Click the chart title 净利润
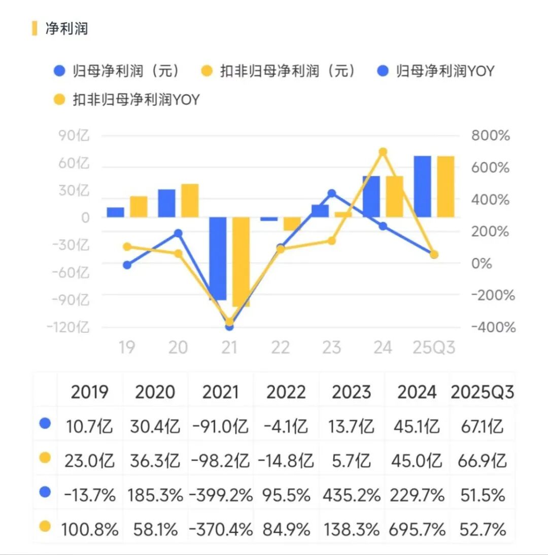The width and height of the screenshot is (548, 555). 66,28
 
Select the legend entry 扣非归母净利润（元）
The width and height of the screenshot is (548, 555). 287,71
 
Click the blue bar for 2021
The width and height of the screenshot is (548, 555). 218,259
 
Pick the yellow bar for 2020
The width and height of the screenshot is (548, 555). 190,201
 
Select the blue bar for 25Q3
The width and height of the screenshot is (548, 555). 422,187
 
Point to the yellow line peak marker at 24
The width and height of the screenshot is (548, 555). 383,152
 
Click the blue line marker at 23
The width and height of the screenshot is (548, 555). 332,193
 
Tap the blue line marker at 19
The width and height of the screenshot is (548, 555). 127,265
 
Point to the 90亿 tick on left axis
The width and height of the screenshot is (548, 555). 74,136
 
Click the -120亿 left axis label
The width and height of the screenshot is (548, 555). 68,327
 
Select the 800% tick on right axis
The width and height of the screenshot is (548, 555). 490,136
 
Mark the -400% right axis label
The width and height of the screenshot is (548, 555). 493,327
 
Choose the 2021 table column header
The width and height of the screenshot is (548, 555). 221,392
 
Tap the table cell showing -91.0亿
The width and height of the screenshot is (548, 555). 221,426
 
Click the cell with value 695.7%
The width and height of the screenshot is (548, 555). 417,530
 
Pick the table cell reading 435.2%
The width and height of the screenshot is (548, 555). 352,495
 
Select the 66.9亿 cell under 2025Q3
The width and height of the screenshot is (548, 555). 482,461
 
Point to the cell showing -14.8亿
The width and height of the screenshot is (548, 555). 286,461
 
